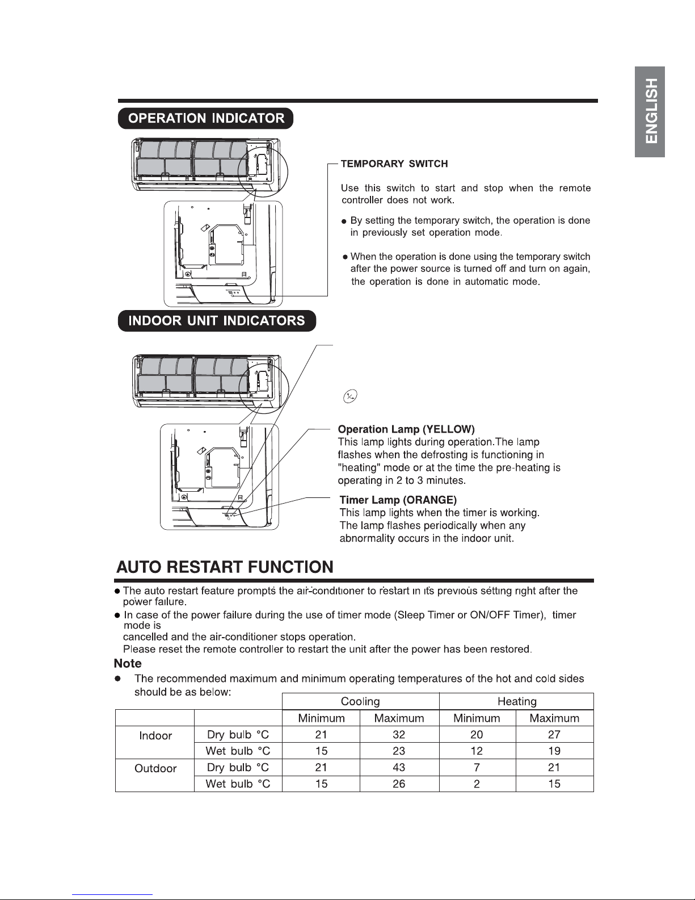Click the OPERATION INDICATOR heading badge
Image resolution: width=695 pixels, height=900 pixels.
point(205,119)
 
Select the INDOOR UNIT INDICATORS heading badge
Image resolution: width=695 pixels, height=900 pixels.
point(217,321)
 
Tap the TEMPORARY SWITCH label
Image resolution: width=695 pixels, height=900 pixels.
point(394,164)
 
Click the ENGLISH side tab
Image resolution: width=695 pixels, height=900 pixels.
point(650,111)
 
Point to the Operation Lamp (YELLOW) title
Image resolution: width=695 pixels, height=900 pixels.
point(406,429)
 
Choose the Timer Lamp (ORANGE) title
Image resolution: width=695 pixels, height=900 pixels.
point(398,500)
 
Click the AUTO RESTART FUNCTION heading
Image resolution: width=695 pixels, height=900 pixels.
point(225,567)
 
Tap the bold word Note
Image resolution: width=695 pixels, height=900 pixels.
point(128,664)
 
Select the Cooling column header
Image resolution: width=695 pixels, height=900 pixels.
point(360,701)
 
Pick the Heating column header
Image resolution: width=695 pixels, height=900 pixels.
point(517,701)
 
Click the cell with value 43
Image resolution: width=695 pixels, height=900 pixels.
point(399,768)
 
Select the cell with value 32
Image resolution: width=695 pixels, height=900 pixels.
point(399,734)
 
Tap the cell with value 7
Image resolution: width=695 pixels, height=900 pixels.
point(477,768)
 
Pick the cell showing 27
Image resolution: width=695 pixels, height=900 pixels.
point(554,734)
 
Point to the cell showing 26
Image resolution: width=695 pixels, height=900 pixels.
point(399,784)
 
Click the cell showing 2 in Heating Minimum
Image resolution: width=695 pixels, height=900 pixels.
point(477,784)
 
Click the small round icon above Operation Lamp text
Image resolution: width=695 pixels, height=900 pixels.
point(350,396)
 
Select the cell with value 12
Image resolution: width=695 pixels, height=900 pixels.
point(477,751)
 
